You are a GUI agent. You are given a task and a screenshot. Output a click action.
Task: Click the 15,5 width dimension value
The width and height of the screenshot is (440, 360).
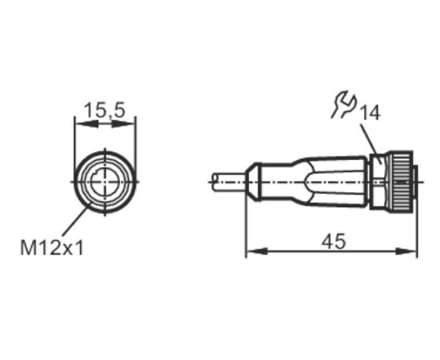click(x=105, y=110)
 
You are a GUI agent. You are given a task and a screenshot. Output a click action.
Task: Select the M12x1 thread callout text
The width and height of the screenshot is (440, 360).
click(x=52, y=247)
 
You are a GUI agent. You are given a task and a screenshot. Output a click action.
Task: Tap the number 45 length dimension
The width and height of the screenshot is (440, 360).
click(x=334, y=242)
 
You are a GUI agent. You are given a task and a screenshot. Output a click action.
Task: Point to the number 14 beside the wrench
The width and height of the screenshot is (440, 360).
click(x=370, y=113)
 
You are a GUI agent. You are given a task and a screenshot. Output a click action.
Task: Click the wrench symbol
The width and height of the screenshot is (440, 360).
click(x=344, y=104)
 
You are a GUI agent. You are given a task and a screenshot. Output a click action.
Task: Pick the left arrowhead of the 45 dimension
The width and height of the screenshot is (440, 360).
click(x=257, y=251)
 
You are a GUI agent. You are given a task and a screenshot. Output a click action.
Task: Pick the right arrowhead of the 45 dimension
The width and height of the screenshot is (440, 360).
click(x=406, y=251)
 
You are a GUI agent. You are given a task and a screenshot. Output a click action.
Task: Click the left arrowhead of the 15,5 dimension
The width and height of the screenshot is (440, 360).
click(x=86, y=124)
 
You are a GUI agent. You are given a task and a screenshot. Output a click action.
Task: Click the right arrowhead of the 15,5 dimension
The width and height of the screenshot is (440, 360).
click(x=124, y=124)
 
